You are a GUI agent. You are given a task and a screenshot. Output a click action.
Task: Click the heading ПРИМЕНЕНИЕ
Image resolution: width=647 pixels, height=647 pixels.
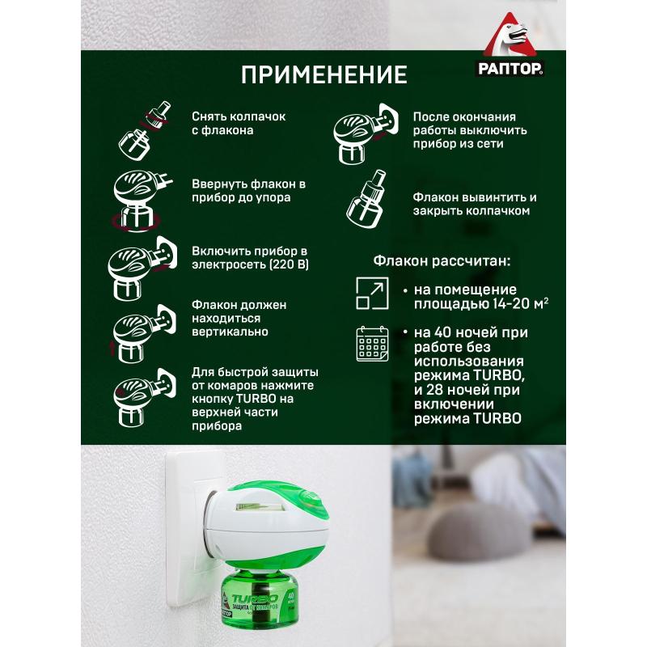[x=323, y=77]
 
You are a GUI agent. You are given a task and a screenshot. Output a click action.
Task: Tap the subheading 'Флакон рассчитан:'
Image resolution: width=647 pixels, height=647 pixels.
[x=442, y=262]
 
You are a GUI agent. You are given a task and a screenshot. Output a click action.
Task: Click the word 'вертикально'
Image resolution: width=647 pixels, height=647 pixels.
[x=230, y=332]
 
